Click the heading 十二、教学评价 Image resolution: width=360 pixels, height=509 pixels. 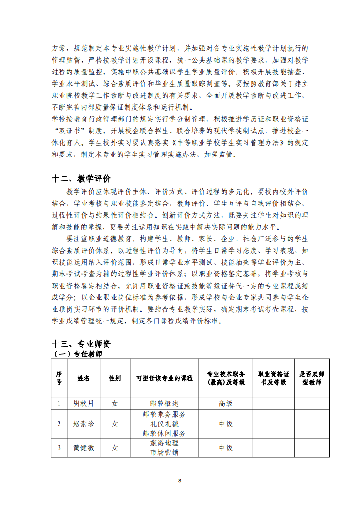click(x=82, y=178)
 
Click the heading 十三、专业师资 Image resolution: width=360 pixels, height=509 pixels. click(x=82, y=344)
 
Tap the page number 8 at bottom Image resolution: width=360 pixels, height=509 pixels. click(x=180, y=480)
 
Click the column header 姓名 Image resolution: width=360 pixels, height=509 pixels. click(x=84, y=378)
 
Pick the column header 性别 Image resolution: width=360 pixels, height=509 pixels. click(x=115, y=378)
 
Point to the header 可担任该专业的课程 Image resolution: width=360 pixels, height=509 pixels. click(x=164, y=378)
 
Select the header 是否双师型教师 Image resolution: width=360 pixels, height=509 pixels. click(x=311, y=378)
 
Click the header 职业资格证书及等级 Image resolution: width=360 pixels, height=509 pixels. click(x=273, y=378)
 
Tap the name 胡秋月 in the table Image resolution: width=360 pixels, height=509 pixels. click(x=84, y=403)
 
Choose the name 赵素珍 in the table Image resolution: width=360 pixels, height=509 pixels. click(x=84, y=424)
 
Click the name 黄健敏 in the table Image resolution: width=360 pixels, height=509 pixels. click(x=84, y=448)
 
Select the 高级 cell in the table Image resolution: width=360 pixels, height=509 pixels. click(x=226, y=403)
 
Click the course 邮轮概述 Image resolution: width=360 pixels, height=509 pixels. click(x=164, y=403)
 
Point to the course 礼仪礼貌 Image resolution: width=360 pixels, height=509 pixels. click(x=164, y=424)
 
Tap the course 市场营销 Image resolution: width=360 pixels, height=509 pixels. click(x=164, y=452)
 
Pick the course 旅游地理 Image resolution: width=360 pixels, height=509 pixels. click(x=164, y=443)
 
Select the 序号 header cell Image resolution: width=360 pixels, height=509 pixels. click(x=59, y=378)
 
